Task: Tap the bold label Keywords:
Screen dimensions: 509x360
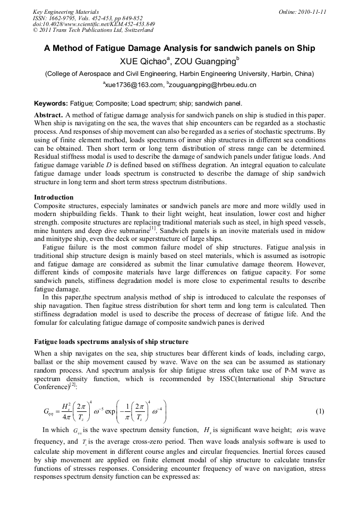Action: (51, 103)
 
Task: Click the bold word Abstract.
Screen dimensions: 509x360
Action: (48, 115)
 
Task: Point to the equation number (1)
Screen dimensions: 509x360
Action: (320, 411)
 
